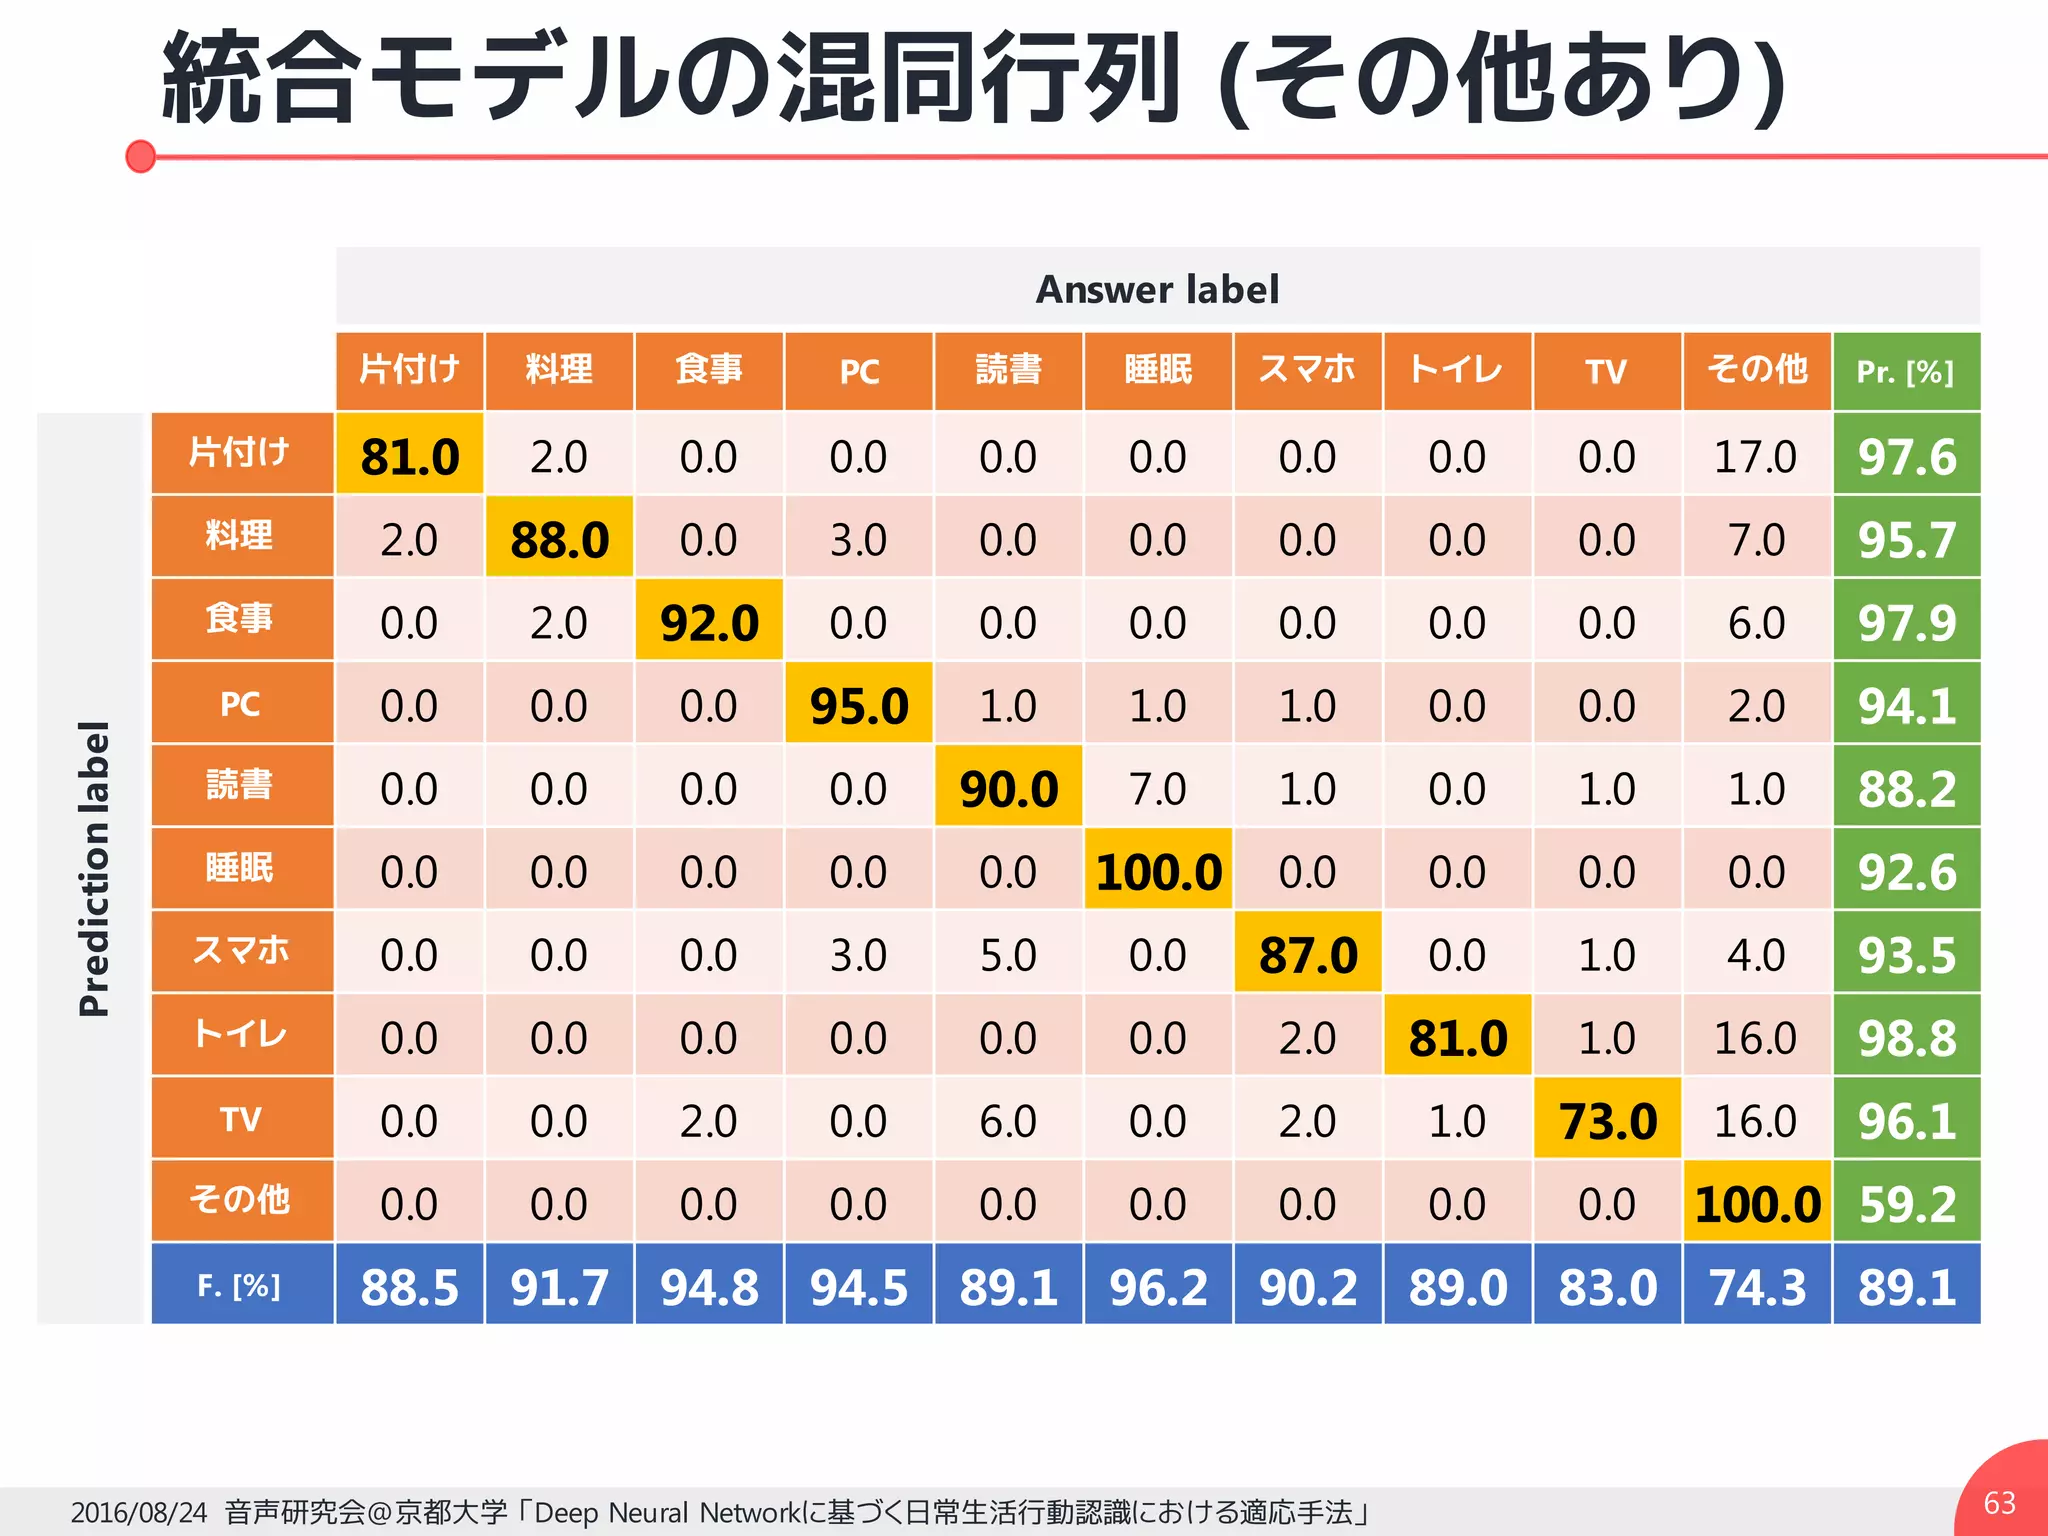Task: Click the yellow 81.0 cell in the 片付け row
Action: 409,456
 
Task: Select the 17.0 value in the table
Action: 1756,456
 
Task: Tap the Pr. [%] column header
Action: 1905,372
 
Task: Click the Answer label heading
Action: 1157,289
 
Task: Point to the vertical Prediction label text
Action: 94,868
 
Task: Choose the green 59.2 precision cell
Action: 1906,1204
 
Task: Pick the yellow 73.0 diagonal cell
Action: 1607,1120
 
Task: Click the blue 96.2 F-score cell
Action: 1158,1287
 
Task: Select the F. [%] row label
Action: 240,1285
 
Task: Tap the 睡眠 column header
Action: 1158,370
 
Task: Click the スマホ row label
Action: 241,951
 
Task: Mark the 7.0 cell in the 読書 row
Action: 1158,789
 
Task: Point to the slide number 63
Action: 1999,1502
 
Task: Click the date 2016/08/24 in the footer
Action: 138,1512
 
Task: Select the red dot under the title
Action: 141,156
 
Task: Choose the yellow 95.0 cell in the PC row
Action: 859,706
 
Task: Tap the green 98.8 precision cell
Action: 1906,1038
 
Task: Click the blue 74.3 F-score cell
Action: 1757,1287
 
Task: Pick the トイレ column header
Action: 1457,370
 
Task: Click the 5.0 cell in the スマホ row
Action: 1008,955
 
